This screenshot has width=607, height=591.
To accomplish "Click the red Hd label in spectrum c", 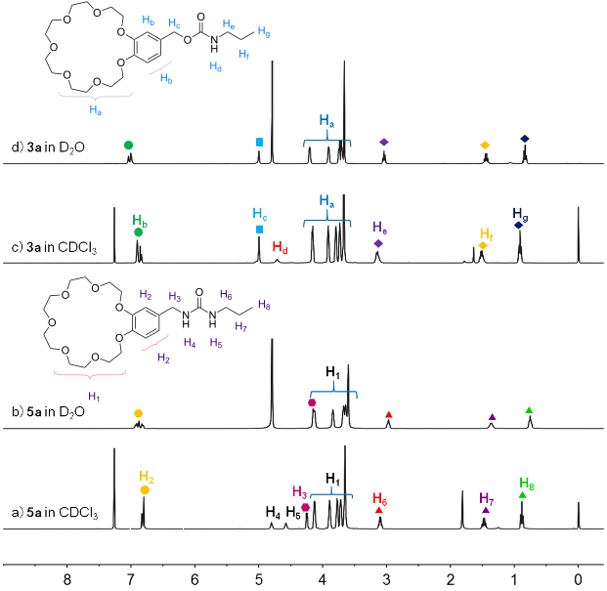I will pyautogui.click(x=281, y=246).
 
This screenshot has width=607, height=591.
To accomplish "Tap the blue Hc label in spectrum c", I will pyautogui.click(x=259, y=214).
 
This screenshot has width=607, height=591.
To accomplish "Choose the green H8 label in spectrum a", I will pyautogui.click(x=526, y=483).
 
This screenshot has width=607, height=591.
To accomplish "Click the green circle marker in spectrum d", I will pyautogui.click(x=129, y=145).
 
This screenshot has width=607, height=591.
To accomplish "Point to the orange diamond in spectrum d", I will pyautogui.click(x=485, y=146).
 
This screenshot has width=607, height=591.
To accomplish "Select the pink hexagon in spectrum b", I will pyautogui.click(x=312, y=402).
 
